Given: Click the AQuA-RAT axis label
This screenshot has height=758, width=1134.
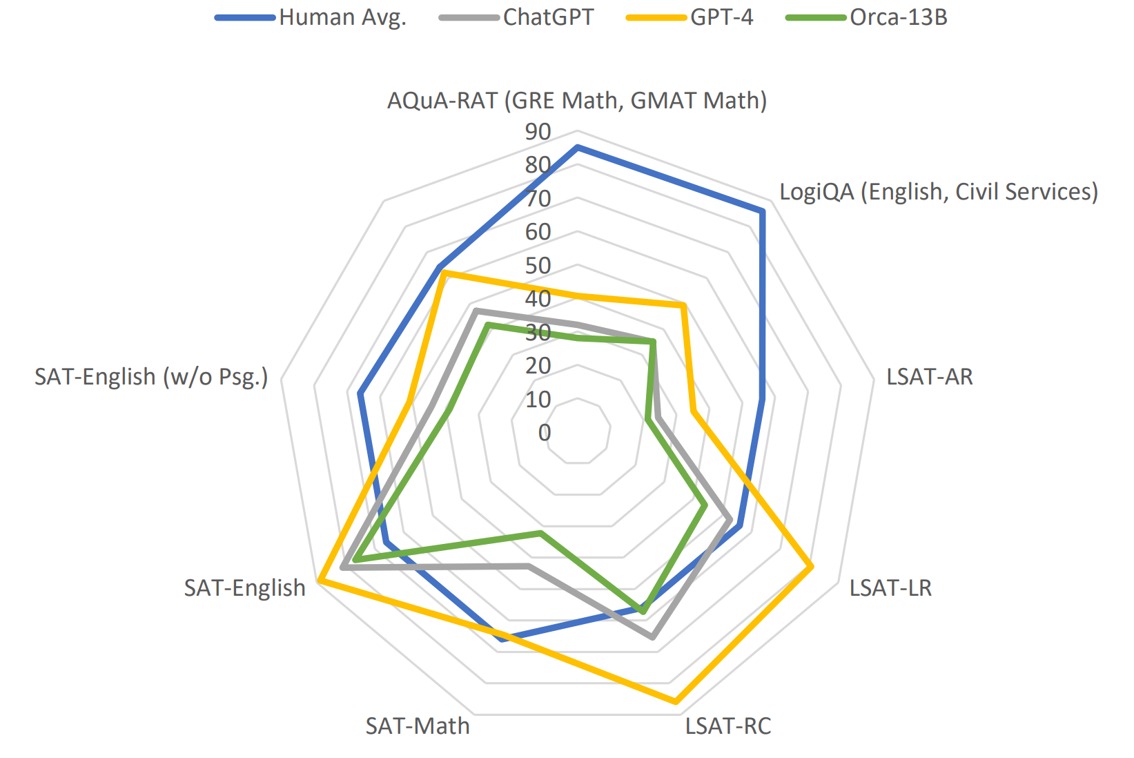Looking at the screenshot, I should [x=577, y=101].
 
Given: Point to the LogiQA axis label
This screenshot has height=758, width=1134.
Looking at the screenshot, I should [x=938, y=191].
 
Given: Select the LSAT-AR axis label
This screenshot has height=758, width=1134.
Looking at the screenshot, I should [x=929, y=377].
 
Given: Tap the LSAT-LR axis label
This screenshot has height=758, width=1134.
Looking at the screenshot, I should [x=890, y=588].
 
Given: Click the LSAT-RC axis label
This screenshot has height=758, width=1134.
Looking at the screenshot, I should [x=727, y=726].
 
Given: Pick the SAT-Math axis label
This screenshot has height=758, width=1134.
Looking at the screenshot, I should [x=418, y=726].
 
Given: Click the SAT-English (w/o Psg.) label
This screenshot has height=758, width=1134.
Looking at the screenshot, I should [x=151, y=377].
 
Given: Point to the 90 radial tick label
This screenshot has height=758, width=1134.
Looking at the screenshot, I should [x=538, y=131].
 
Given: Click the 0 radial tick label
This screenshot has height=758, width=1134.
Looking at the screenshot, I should [x=545, y=433].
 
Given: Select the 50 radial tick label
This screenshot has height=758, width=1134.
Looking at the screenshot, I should [x=538, y=265].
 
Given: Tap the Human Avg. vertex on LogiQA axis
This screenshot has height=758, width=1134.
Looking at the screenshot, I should [x=762, y=211].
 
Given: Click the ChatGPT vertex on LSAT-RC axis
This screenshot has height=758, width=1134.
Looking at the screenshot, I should [x=652, y=636].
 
